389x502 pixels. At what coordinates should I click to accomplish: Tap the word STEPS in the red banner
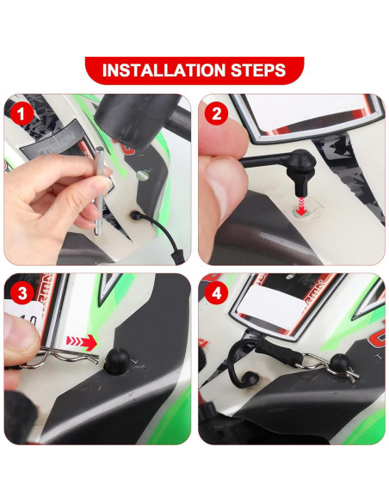pos(257,70)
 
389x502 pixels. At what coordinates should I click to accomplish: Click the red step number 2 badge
pos(215,112)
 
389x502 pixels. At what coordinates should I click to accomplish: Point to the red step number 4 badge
pos(215,292)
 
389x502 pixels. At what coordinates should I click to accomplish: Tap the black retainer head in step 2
pos(298,168)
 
